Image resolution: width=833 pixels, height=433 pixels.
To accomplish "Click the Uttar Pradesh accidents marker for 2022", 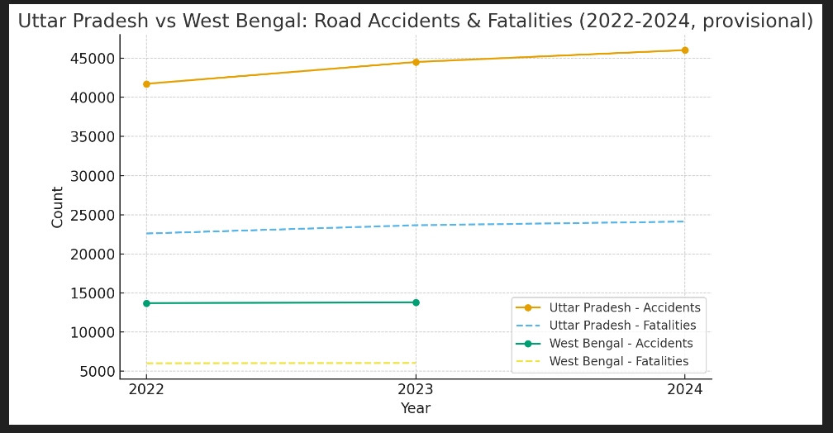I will pyautogui.click(x=146, y=83).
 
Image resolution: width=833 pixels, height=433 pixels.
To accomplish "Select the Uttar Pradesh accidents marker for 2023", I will pyautogui.click(x=416, y=62).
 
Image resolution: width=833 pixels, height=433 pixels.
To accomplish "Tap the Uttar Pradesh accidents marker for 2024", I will pyautogui.click(x=684, y=50).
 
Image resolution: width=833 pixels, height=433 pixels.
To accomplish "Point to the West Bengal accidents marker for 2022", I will pyautogui.click(x=146, y=303).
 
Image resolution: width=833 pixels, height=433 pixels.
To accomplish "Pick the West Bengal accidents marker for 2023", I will pyautogui.click(x=416, y=302).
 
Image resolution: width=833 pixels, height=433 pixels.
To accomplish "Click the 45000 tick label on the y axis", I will pyautogui.click(x=91, y=59).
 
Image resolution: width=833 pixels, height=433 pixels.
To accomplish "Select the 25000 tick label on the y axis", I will pyautogui.click(x=91, y=215).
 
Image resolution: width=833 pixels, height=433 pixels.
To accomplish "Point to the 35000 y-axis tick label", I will pyautogui.click(x=91, y=137).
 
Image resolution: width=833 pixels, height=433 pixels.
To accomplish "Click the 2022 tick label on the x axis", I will pyautogui.click(x=146, y=389).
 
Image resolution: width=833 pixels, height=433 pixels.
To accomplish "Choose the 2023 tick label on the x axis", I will pyautogui.click(x=416, y=389).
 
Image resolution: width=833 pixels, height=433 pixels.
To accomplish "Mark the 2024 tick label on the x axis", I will pyautogui.click(x=684, y=389).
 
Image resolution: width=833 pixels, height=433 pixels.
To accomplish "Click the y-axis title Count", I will pyautogui.click(x=58, y=207).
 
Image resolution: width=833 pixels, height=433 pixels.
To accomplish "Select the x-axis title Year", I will pyautogui.click(x=416, y=408).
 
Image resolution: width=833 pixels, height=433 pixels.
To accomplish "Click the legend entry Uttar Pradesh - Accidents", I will pyautogui.click(x=625, y=308).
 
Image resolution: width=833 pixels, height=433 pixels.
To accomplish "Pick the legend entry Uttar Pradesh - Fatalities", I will pyautogui.click(x=622, y=326).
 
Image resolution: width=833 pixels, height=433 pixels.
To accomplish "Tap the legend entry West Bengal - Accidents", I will pyautogui.click(x=621, y=344).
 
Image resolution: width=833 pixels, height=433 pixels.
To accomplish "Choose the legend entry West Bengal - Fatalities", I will pyautogui.click(x=619, y=361).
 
